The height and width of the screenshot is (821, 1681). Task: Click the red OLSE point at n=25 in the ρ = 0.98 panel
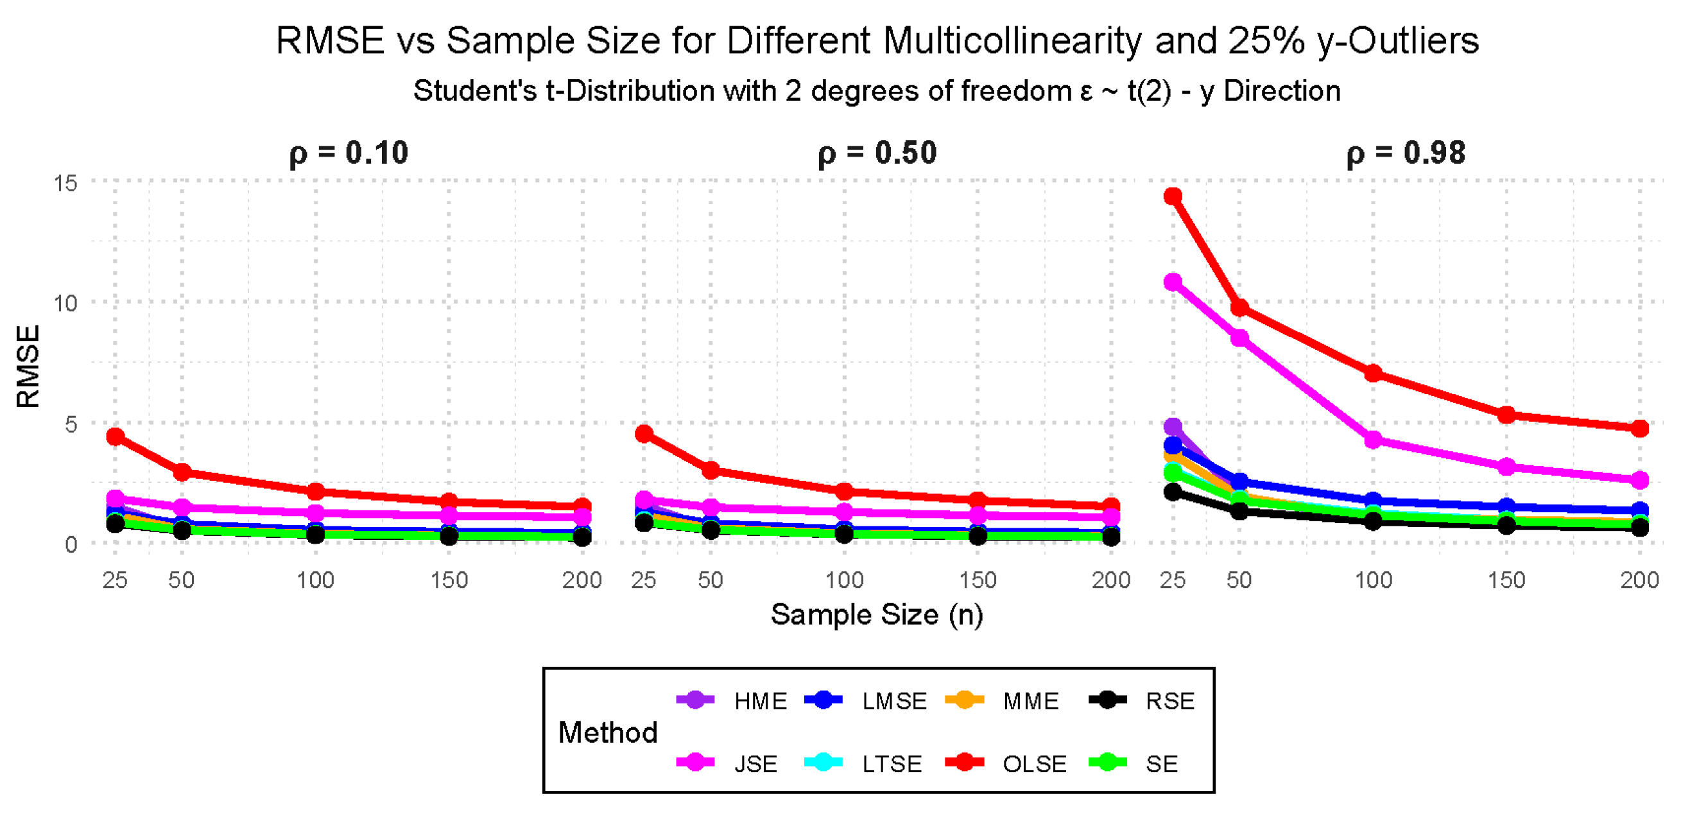(x=1173, y=196)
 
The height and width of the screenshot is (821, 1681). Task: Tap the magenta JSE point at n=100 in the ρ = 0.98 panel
(x=1373, y=440)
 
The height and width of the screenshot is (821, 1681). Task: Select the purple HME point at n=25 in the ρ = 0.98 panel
(x=1173, y=428)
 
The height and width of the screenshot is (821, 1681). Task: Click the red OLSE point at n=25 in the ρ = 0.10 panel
(x=116, y=436)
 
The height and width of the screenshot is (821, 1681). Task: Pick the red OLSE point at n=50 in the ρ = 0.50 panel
(x=711, y=470)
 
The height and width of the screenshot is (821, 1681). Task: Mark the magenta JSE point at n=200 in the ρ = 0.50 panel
(x=1110, y=517)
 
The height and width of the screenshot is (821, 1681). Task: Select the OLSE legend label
(x=1034, y=764)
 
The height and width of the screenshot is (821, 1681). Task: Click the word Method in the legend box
(x=608, y=732)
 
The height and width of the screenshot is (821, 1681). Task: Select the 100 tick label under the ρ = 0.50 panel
(x=845, y=580)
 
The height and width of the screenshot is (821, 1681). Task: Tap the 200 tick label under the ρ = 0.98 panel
(x=1639, y=580)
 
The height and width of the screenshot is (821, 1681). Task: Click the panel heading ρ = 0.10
(x=349, y=153)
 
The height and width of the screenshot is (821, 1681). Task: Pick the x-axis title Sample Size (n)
(x=876, y=614)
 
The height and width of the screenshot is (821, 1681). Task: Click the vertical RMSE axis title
(x=29, y=366)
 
